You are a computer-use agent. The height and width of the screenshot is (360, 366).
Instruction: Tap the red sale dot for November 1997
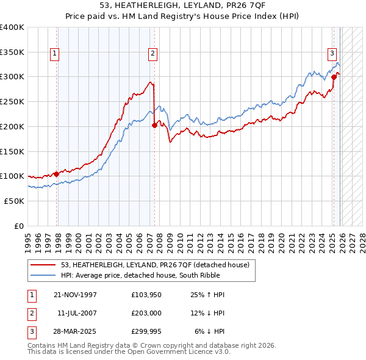(57, 174)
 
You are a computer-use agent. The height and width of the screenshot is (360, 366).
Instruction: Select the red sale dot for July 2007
(154, 125)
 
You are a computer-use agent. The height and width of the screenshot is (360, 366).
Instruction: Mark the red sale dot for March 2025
(334, 77)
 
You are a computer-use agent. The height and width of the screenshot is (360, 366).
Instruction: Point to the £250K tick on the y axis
(12, 102)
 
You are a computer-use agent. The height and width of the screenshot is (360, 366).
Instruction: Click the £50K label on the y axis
(13, 201)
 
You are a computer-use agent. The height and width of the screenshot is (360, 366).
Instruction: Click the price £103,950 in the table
(146, 295)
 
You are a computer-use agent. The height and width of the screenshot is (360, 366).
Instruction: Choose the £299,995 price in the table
(146, 333)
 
